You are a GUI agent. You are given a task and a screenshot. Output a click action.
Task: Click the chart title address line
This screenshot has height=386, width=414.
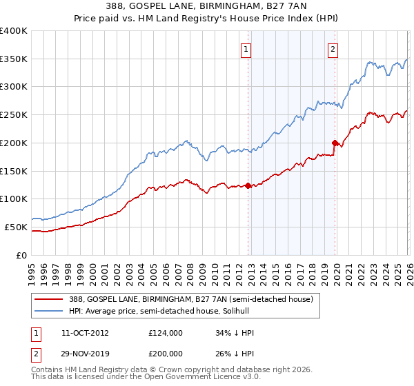(207, 8)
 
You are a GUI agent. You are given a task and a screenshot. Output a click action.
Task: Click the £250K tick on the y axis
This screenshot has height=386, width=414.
(14, 115)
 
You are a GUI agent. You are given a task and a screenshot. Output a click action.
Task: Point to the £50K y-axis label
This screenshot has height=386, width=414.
(16, 227)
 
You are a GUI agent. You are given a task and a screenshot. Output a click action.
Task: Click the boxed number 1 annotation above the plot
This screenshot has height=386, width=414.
(246, 49)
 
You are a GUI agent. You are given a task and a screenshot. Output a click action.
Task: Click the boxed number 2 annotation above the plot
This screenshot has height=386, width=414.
(333, 49)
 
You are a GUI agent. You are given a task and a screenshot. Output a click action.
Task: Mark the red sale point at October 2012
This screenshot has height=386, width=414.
(248, 185)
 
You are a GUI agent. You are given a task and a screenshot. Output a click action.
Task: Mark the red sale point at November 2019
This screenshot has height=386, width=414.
(335, 143)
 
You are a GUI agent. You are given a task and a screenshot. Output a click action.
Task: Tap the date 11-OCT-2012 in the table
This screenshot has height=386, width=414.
(84, 332)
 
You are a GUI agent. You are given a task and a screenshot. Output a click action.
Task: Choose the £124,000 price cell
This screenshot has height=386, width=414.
(166, 332)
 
